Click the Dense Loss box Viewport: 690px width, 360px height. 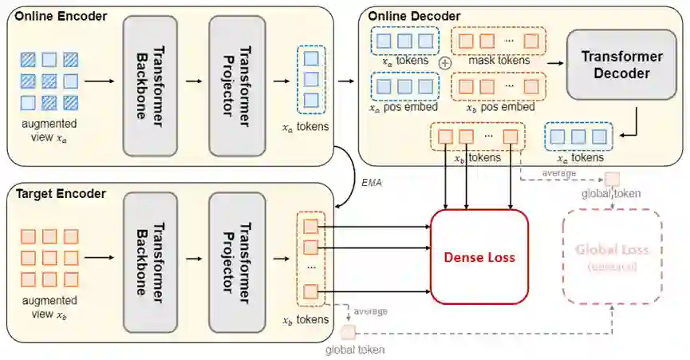(x=479, y=256)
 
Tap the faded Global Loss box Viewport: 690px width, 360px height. (x=613, y=257)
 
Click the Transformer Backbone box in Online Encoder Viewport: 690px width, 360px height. (x=150, y=85)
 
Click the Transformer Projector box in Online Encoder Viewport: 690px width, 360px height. (x=236, y=85)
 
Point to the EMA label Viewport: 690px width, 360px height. (x=372, y=183)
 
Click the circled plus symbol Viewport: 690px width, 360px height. (x=445, y=61)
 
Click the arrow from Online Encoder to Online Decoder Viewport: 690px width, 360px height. (x=348, y=80)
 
